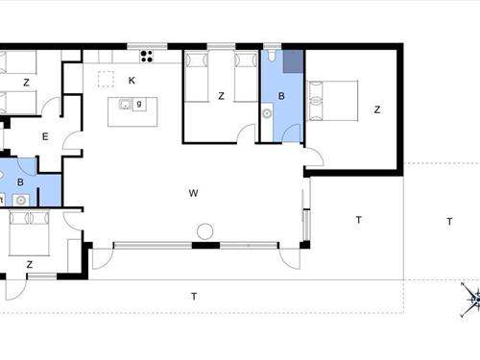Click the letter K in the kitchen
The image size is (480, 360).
(x=132, y=81)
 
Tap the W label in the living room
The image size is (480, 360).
(x=193, y=193)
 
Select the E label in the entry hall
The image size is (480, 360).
(x=44, y=136)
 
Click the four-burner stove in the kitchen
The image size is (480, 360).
(x=147, y=54)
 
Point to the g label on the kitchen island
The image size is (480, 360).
(x=140, y=104)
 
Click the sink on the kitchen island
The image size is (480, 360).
(x=125, y=105)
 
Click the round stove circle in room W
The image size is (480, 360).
(x=204, y=231)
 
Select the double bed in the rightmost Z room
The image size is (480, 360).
(x=331, y=101)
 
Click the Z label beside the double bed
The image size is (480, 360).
(x=377, y=109)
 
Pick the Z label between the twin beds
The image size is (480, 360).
(x=221, y=95)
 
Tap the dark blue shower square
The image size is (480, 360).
(x=293, y=60)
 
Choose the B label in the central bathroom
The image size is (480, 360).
(x=281, y=96)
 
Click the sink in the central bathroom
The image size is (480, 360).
(x=266, y=113)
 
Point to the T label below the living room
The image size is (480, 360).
(x=193, y=296)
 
